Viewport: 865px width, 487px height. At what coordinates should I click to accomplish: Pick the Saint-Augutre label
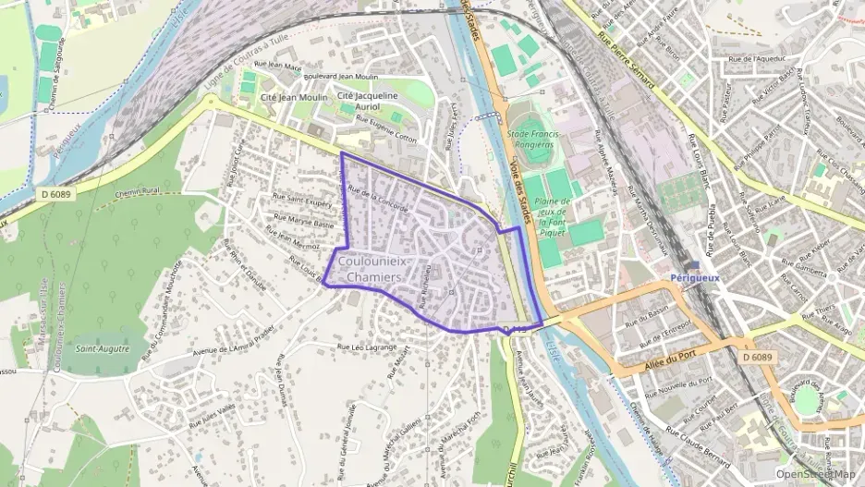pos(102,348)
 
